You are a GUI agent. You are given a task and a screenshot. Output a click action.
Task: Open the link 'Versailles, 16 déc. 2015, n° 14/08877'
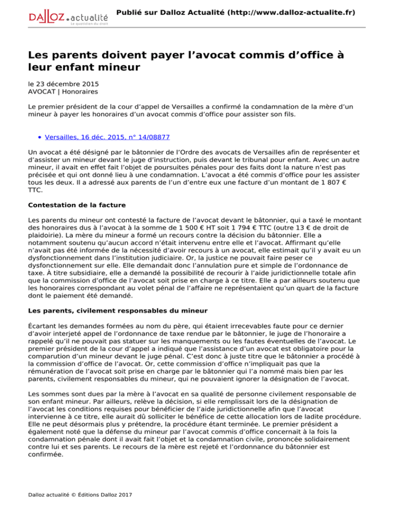click(107, 137)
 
